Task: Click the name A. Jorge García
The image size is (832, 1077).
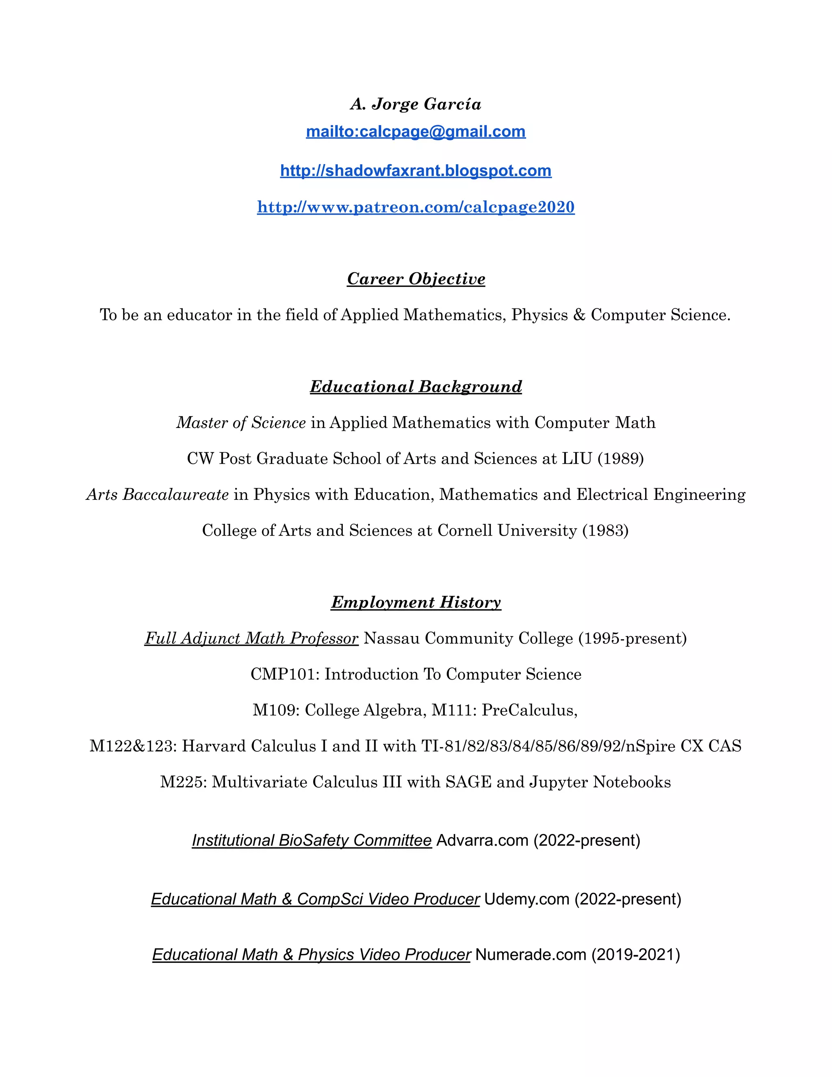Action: point(416,104)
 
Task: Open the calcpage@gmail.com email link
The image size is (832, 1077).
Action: point(416,132)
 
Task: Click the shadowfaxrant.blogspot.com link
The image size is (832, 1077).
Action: point(416,171)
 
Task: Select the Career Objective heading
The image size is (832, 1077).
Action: point(416,279)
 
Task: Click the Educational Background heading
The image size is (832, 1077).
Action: point(416,387)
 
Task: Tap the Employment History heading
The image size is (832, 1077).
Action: point(416,602)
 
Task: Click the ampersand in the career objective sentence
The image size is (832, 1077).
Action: point(579,315)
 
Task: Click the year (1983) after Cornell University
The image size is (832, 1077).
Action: point(605,531)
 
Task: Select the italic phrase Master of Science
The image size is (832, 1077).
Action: point(241,423)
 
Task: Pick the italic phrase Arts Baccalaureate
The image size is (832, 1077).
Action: point(157,495)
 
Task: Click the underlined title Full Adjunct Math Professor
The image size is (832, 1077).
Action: point(251,638)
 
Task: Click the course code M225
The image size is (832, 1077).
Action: point(183,782)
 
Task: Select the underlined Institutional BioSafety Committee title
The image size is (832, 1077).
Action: point(312,840)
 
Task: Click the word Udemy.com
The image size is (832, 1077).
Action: point(526,899)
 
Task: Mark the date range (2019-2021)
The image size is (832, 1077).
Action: point(635,955)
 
